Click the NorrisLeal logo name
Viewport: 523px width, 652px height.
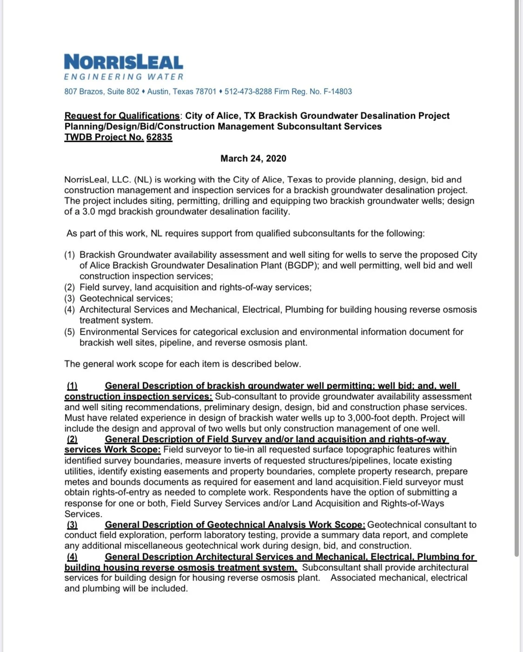124,62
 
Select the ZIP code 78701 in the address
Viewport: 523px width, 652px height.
206,92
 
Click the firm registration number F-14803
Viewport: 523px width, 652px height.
338,92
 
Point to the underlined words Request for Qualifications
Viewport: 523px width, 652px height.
122,116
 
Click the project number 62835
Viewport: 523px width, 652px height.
159,137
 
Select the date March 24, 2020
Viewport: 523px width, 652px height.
253,158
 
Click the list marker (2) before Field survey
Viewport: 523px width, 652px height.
69,287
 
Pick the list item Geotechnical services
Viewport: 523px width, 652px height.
126,298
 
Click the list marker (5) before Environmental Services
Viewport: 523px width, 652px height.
69,332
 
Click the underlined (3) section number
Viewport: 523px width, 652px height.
72,525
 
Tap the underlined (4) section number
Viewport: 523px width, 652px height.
72,557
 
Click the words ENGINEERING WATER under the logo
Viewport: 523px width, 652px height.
124,77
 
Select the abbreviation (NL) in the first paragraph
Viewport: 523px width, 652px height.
143,180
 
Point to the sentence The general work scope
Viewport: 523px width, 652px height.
182,364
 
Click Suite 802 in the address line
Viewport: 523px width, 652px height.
123,92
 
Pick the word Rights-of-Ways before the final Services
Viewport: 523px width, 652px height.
412,503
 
